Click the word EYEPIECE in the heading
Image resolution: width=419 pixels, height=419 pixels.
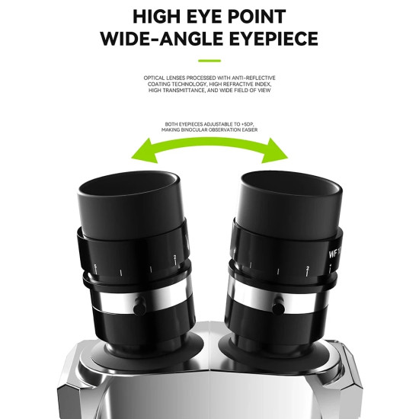(273, 39)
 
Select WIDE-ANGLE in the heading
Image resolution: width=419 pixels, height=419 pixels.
(162, 39)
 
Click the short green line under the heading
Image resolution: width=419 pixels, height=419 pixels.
(209, 61)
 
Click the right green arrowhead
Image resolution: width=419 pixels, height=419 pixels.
(274, 151)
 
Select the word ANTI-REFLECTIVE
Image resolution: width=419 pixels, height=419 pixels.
(254, 78)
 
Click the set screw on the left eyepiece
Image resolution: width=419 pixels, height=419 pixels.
(139, 306)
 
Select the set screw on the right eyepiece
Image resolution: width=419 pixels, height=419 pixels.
(279, 307)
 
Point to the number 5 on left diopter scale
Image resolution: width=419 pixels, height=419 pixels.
(95, 266)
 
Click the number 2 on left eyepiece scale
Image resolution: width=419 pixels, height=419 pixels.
(174, 257)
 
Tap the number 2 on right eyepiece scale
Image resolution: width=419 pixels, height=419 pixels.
(308, 268)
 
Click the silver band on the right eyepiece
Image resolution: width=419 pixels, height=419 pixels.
(278, 297)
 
